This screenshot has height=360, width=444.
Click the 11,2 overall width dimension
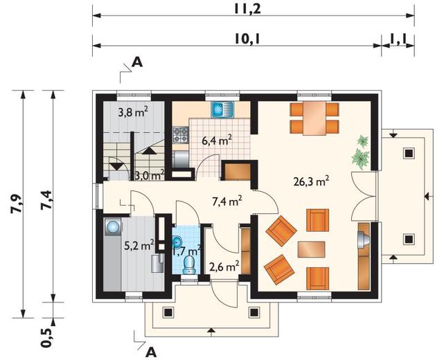point(247,9)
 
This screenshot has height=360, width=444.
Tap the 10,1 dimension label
point(247,39)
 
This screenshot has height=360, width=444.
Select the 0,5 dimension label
point(47,337)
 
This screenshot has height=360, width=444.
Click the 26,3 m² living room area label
point(311,181)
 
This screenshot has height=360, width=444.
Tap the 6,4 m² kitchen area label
point(217,140)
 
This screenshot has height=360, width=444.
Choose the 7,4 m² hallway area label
point(227,201)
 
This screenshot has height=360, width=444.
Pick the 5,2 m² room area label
point(139,245)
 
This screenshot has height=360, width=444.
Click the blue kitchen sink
point(222,109)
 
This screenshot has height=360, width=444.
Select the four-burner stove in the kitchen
point(181,134)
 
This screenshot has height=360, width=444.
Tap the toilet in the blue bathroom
point(189,265)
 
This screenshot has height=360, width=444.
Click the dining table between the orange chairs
point(314,118)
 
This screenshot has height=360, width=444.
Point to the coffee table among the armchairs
point(312,249)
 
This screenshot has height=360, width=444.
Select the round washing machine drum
point(113,226)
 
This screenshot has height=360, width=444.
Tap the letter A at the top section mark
point(137,62)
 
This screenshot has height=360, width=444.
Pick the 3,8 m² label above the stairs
point(133,114)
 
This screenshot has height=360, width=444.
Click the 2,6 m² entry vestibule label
point(224,266)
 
